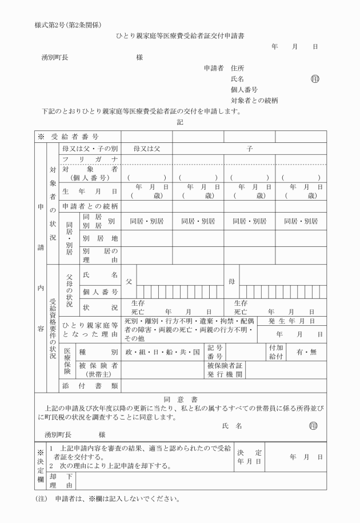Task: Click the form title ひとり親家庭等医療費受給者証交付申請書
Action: pyautogui.click(x=180, y=35)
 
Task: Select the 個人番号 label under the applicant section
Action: pyautogui.click(x=244, y=90)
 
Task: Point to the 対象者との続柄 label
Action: pyautogui.click(x=254, y=101)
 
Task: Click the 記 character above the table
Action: pyautogui.click(x=180, y=122)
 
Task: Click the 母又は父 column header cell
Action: pyautogui.click(x=146, y=148)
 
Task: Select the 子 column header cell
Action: pyautogui.click(x=249, y=148)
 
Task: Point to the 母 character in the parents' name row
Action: pyautogui.click(x=231, y=281)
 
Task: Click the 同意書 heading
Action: pyautogui.click(x=180, y=399)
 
